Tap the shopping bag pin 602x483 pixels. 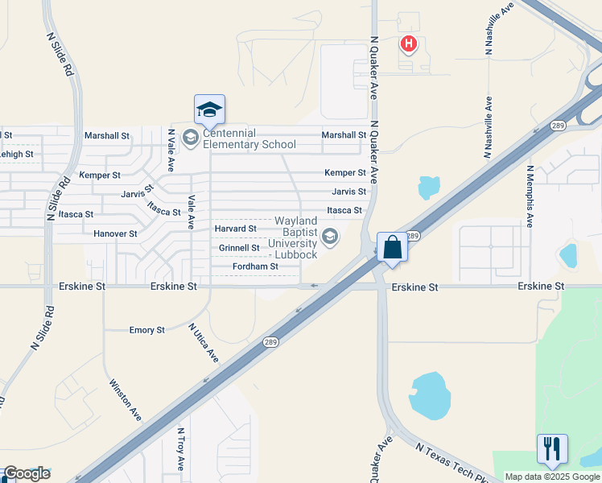click(x=392, y=247)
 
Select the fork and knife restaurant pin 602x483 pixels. click(x=552, y=448)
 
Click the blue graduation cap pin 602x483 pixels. click(x=209, y=109)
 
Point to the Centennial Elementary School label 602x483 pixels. click(x=249, y=138)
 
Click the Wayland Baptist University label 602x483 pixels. click(x=296, y=237)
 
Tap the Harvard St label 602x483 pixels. click(x=236, y=229)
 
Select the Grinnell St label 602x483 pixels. click(x=239, y=248)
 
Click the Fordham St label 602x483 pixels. click(x=254, y=266)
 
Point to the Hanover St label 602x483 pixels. click(x=115, y=234)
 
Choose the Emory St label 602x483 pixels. click(x=147, y=330)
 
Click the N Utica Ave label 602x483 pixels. click(x=204, y=341)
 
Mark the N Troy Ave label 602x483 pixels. click(x=181, y=449)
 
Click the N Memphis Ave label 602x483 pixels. click(x=530, y=196)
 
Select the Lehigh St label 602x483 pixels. click(x=16, y=154)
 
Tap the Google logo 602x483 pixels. click(x=27, y=473)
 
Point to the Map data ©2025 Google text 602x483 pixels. click(x=551, y=477)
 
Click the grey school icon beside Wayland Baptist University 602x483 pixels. click(x=329, y=237)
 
